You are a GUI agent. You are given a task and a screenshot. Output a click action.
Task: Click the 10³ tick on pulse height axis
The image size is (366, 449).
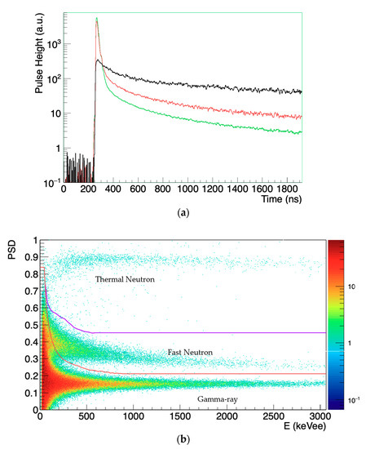click(53, 46)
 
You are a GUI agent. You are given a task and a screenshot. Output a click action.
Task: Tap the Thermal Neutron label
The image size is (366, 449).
click(126, 280)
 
